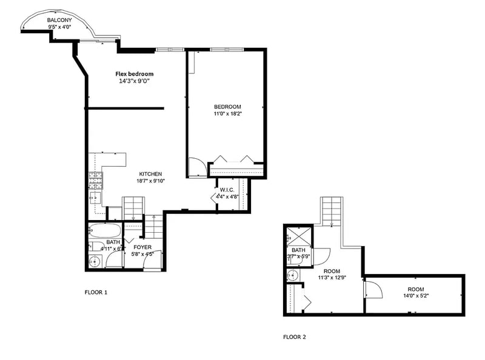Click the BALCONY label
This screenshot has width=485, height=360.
coord(59,20)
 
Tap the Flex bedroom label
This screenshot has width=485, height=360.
coord(135,74)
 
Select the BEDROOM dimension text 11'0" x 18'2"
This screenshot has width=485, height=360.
coord(228,113)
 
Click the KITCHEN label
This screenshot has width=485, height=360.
coord(150,174)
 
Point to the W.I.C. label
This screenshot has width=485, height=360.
coord(227,190)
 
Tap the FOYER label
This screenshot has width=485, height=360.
coord(142,247)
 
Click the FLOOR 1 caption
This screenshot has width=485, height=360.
coord(96,292)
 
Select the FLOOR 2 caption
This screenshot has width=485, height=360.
coord(295,337)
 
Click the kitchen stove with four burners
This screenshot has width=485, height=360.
coord(96,181)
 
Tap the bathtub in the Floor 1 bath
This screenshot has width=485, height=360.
coord(105,230)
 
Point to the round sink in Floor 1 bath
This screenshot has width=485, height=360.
coord(95,262)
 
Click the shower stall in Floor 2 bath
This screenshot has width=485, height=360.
coord(299,236)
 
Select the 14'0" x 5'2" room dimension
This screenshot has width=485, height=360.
coord(416,295)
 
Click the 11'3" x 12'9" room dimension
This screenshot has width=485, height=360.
coord(332,278)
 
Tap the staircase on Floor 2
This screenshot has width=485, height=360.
coord(332,212)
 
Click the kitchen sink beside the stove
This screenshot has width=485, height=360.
coord(95,198)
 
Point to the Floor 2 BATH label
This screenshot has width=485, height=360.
coord(298,250)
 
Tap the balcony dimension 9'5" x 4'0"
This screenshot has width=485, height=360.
coord(59,27)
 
